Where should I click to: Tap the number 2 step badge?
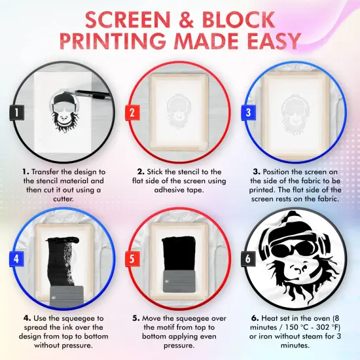[x=132, y=113]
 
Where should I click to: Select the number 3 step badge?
[x=249, y=113]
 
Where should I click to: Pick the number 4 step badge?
[x=14, y=259]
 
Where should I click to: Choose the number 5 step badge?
[x=132, y=259]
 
